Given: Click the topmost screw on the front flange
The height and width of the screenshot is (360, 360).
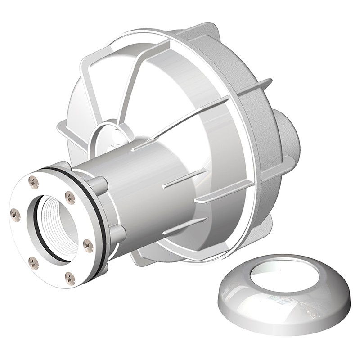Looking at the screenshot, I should point(34,182).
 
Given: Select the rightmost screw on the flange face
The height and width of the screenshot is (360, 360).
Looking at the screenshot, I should point(89,246).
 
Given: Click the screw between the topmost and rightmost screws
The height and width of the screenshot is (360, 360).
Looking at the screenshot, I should point(70,197).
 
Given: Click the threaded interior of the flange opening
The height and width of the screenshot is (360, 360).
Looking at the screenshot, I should point(54,225).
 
